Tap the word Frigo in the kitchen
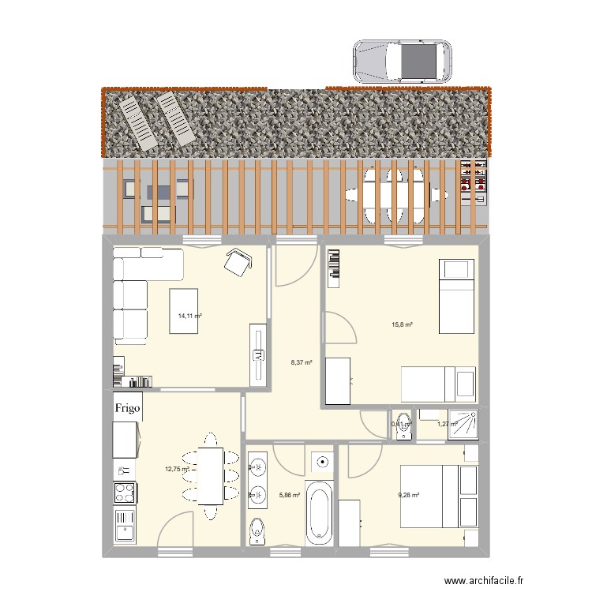pyautogui.click(x=128, y=408)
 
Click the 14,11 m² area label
pyautogui.click(x=189, y=316)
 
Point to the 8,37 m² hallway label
pyautogui.click(x=302, y=363)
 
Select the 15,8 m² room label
pyautogui.click(x=403, y=324)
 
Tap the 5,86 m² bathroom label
pyautogui.click(x=290, y=496)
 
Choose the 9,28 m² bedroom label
pyautogui.click(x=408, y=496)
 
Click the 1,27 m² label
pyautogui.click(x=447, y=425)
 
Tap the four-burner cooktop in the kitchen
pyautogui.click(x=125, y=493)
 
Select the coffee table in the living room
pyautogui.click(x=186, y=311)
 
